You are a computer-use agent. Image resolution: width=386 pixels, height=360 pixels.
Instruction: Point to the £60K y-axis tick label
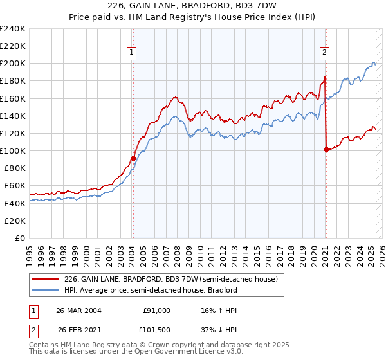tap(14, 186)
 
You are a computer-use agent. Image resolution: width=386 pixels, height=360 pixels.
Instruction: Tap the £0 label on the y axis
tap(20, 238)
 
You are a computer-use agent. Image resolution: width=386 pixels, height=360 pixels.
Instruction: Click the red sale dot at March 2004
tap(133, 158)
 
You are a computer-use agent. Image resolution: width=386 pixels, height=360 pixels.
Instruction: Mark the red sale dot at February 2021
tap(326, 149)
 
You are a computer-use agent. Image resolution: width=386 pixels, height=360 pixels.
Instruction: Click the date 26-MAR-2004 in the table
tap(79, 310)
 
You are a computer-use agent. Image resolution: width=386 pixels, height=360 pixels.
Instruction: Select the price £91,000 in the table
tap(156, 310)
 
